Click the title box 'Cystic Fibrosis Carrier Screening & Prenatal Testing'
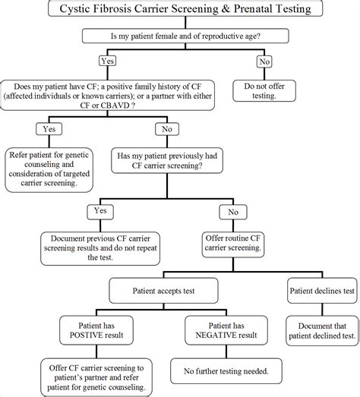180,10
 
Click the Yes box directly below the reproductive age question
107,59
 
